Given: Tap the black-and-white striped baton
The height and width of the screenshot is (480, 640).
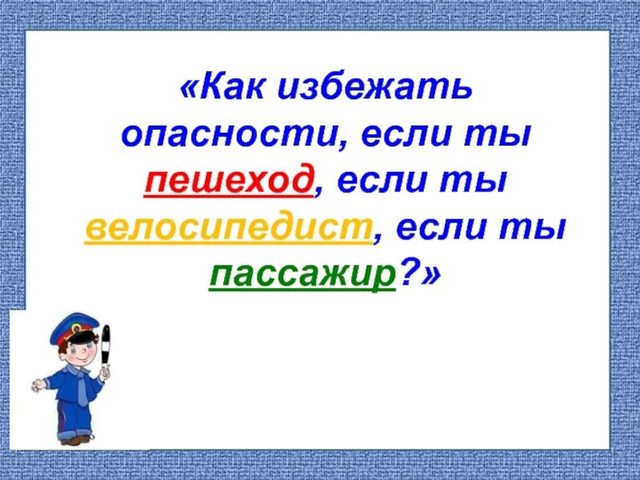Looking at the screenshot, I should [x=106, y=349].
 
